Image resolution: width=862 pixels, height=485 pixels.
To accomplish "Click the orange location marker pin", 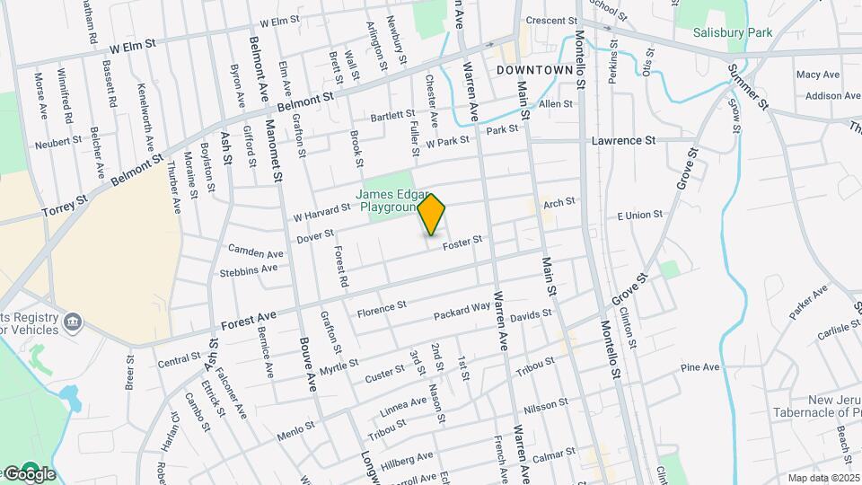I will coord(432,214).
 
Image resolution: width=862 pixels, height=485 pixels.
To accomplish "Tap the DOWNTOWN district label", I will coord(534,69).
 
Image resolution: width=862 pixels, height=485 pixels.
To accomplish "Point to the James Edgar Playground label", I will coord(391,200).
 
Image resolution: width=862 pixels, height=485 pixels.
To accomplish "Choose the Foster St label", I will coord(463,240).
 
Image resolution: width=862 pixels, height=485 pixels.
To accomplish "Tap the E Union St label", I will coord(639,215).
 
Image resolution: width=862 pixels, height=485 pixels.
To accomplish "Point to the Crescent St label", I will coord(550,21).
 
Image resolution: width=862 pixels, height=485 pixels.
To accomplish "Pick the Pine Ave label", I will coord(700,367).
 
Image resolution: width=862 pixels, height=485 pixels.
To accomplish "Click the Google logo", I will coord(30,473).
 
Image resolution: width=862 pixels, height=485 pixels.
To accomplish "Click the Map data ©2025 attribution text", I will coord(824,478).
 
